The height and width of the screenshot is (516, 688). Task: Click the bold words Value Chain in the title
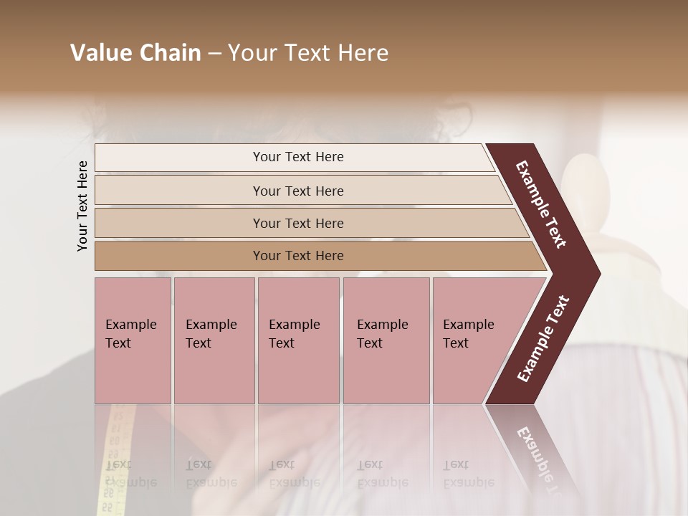coord(135,53)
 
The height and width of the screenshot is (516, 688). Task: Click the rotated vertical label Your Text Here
coord(82,206)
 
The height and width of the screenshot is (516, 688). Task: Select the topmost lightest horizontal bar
coord(179,158)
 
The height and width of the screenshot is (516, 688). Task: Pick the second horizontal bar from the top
coord(179,191)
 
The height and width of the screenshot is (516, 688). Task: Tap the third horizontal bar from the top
coord(179,223)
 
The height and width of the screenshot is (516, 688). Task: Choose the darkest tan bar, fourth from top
coord(179,256)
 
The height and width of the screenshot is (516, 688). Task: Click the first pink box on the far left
coord(133,373)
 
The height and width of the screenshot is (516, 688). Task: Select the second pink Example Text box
coord(214,373)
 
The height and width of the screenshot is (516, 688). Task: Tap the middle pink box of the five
coord(298,373)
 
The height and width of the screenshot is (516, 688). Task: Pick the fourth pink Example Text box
coord(386,373)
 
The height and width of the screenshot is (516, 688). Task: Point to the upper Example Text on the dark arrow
coord(541,204)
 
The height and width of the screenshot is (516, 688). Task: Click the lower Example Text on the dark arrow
coord(543,339)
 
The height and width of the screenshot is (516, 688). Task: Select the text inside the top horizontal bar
coord(298,157)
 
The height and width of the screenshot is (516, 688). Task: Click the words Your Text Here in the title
coord(308,53)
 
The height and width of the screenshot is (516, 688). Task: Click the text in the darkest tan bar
coord(298,256)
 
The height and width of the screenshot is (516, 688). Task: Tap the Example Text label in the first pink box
coord(130,334)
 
